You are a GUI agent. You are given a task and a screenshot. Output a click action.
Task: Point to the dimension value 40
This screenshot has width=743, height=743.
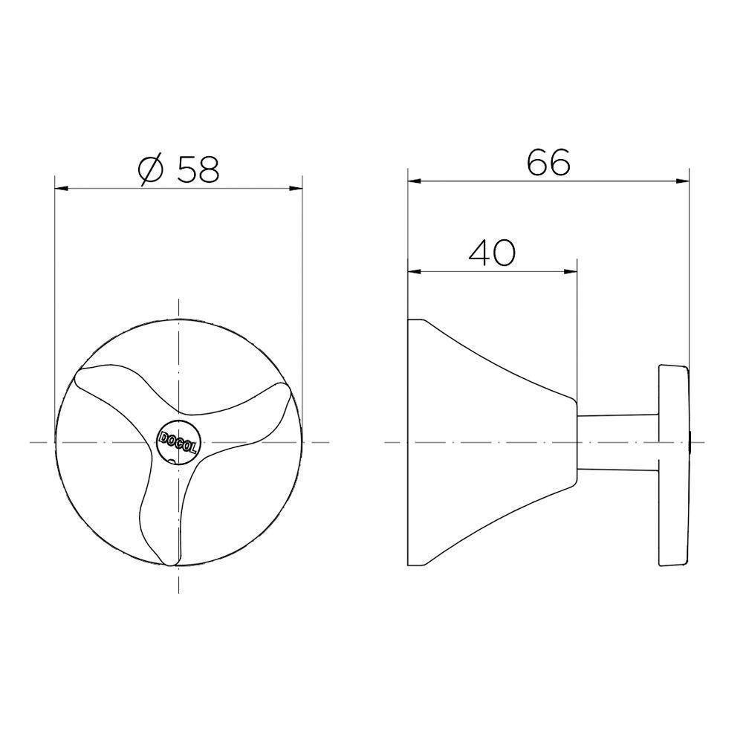[x=492, y=254]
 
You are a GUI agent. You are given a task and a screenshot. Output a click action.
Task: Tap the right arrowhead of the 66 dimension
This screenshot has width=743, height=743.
[x=684, y=180]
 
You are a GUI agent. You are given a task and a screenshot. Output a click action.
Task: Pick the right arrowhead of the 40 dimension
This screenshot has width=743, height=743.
[x=571, y=272]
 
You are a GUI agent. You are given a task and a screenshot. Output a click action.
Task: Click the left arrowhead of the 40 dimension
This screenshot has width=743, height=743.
[x=413, y=272]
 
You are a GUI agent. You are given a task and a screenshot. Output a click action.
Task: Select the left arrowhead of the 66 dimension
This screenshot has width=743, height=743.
[x=413, y=180]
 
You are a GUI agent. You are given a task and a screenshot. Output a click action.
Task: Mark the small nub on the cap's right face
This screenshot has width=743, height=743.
[x=692, y=442]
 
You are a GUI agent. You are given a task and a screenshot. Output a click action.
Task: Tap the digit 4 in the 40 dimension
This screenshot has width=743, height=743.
[x=479, y=254]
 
